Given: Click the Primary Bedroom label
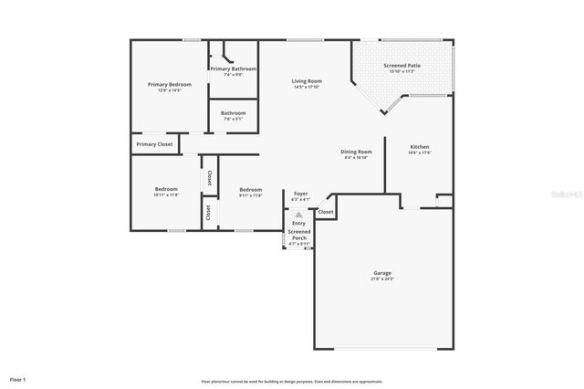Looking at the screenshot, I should [x=170, y=84].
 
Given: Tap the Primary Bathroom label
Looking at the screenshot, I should [x=233, y=68].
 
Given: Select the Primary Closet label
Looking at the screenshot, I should [x=154, y=144].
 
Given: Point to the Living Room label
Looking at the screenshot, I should [x=307, y=81].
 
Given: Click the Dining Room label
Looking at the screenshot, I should [x=357, y=152].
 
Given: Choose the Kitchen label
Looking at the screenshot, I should [x=419, y=146].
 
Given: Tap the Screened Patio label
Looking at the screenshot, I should [x=401, y=66].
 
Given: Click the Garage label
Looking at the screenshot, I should [x=382, y=272].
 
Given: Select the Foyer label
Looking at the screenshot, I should [x=300, y=194].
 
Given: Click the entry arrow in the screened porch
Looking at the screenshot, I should [x=298, y=215].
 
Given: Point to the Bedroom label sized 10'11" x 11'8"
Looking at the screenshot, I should [x=166, y=189].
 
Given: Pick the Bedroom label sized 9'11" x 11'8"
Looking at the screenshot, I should [x=250, y=189].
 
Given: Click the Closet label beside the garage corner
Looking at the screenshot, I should [x=326, y=212].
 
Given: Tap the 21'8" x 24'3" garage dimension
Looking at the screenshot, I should [x=382, y=279].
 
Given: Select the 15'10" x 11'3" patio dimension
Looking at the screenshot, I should [x=401, y=72].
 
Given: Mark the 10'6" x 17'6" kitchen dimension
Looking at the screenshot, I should [x=419, y=152].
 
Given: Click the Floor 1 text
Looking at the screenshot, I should [x=18, y=378].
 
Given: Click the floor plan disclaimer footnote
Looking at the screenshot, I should [x=291, y=381].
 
